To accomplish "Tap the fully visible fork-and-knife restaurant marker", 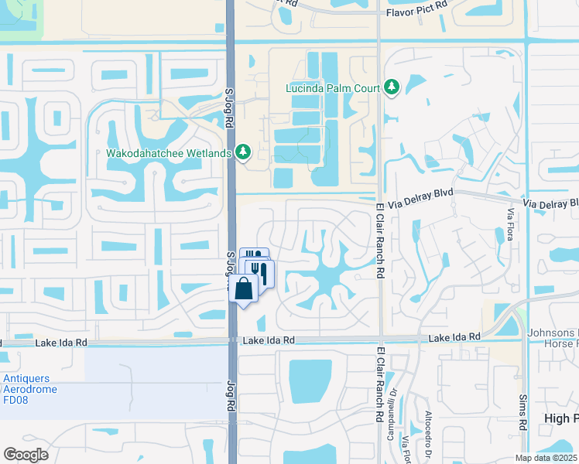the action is [261, 272].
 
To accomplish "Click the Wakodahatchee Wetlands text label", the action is [169, 152].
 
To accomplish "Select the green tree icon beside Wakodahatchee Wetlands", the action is [244, 152].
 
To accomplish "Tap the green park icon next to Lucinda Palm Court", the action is [392, 87].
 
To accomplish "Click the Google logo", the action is [26, 455].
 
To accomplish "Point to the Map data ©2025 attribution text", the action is [546, 458].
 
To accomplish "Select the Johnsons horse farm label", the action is [553, 339].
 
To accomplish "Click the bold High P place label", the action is [560, 418].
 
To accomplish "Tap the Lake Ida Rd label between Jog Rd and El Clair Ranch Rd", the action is [269, 340].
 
